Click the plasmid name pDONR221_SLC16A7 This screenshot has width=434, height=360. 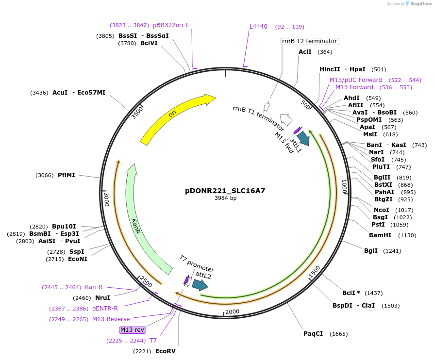(225, 191)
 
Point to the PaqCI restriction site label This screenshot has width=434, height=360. (313, 334)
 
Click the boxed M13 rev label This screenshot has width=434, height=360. (133, 330)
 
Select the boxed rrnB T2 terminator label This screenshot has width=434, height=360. (310, 41)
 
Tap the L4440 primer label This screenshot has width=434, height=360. (258, 27)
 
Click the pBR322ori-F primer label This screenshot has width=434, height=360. (171, 25)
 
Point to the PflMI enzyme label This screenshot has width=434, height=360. (67, 175)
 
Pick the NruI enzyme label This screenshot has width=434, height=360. (102, 297)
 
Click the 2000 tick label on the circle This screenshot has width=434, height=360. (233, 311)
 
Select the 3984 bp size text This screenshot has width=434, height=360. (225, 198)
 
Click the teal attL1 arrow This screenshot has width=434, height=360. (304, 138)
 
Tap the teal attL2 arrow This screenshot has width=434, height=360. (200, 285)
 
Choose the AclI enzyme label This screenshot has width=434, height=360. (305, 52)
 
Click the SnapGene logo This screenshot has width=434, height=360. (418, 4)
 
